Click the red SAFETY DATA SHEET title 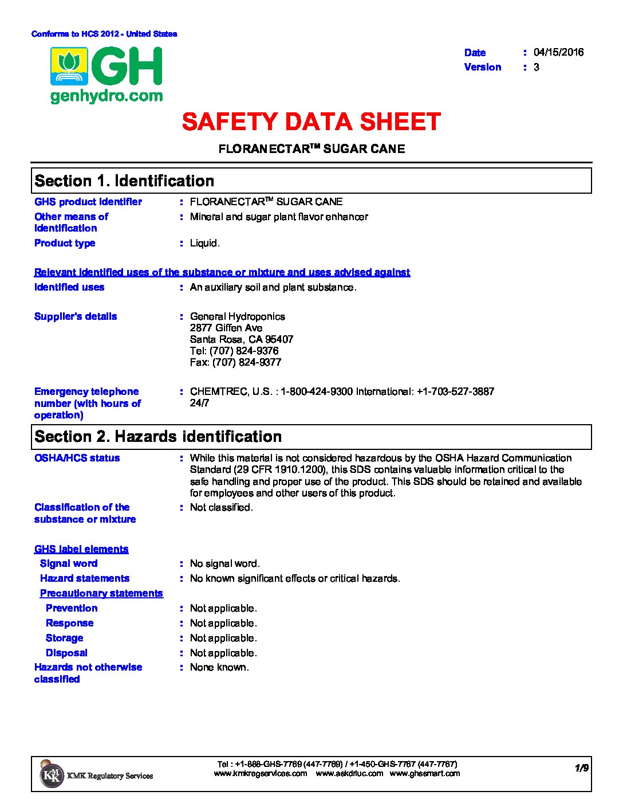click(x=311, y=122)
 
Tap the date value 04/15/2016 click(x=558, y=52)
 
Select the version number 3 click(x=537, y=67)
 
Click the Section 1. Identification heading click(x=124, y=181)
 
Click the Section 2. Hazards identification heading click(x=158, y=437)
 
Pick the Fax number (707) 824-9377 click(x=235, y=362)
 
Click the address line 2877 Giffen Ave click(x=226, y=328)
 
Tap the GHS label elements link click(x=81, y=549)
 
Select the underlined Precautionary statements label click(x=101, y=593)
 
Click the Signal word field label click(x=69, y=563)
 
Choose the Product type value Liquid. click(x=204, y=243)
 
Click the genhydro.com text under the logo click(x=107, y=96)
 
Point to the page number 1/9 click(x=582, y=769)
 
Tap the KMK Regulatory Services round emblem click(x=52, y=775)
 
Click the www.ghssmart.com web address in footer click(x=424, y=774)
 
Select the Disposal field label click(x=66, y=653)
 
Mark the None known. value click(x=219, y=667)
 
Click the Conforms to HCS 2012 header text click(x=104, y=34)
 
